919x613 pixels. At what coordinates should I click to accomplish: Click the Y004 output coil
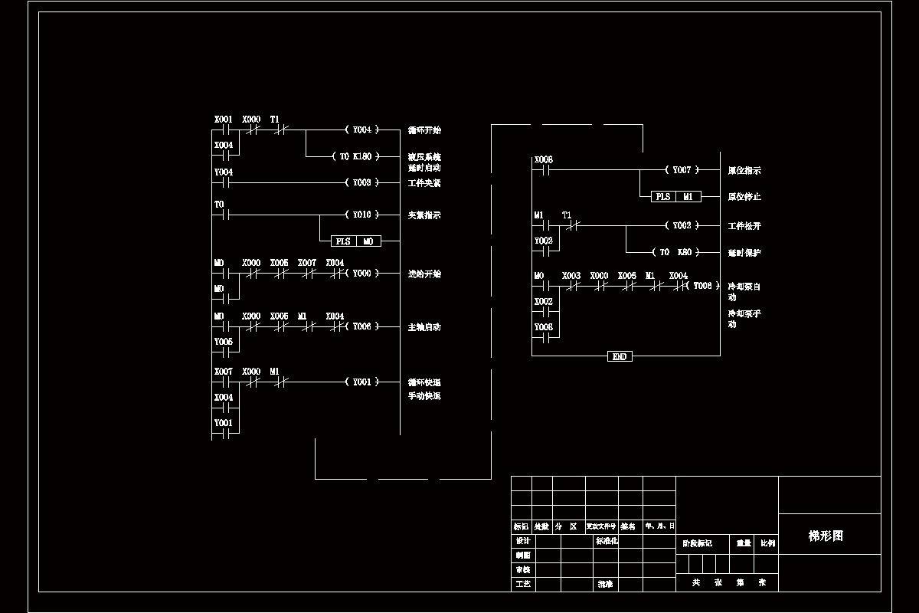coord(362,129)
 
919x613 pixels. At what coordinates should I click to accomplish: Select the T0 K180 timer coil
coord(356,156)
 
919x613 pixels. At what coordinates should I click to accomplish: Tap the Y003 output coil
coord(362,182)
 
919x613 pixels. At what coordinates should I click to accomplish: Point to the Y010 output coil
coord(362,215)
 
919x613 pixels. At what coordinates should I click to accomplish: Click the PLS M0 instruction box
coord(355,241)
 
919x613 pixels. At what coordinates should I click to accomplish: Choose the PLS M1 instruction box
coord(675,196)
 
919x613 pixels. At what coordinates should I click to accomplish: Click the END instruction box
coord(620,356)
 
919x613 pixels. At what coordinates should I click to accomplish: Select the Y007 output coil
coord(682,169)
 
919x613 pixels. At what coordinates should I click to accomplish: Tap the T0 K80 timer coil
coord(675,251)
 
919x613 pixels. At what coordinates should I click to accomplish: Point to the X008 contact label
coord(543,159)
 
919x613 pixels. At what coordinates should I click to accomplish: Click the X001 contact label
coord(223,120)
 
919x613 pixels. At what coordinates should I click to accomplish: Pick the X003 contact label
coord(571,275)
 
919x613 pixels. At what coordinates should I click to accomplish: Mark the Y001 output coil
coord(362,381)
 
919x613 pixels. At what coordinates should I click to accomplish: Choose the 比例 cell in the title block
coord(767,543)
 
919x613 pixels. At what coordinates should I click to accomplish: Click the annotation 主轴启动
coord(424,327)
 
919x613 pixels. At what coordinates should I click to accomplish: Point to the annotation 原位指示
coord(744,170)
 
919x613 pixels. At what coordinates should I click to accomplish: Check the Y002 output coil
coord(682,225)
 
